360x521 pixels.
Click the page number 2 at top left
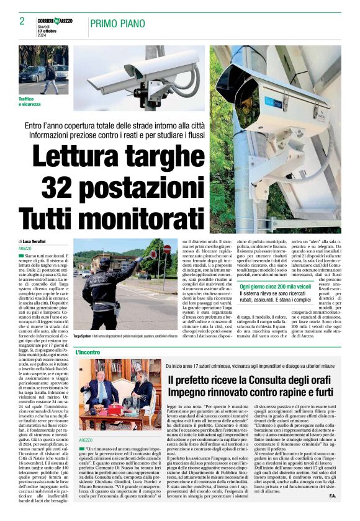[x=22, y=22]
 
